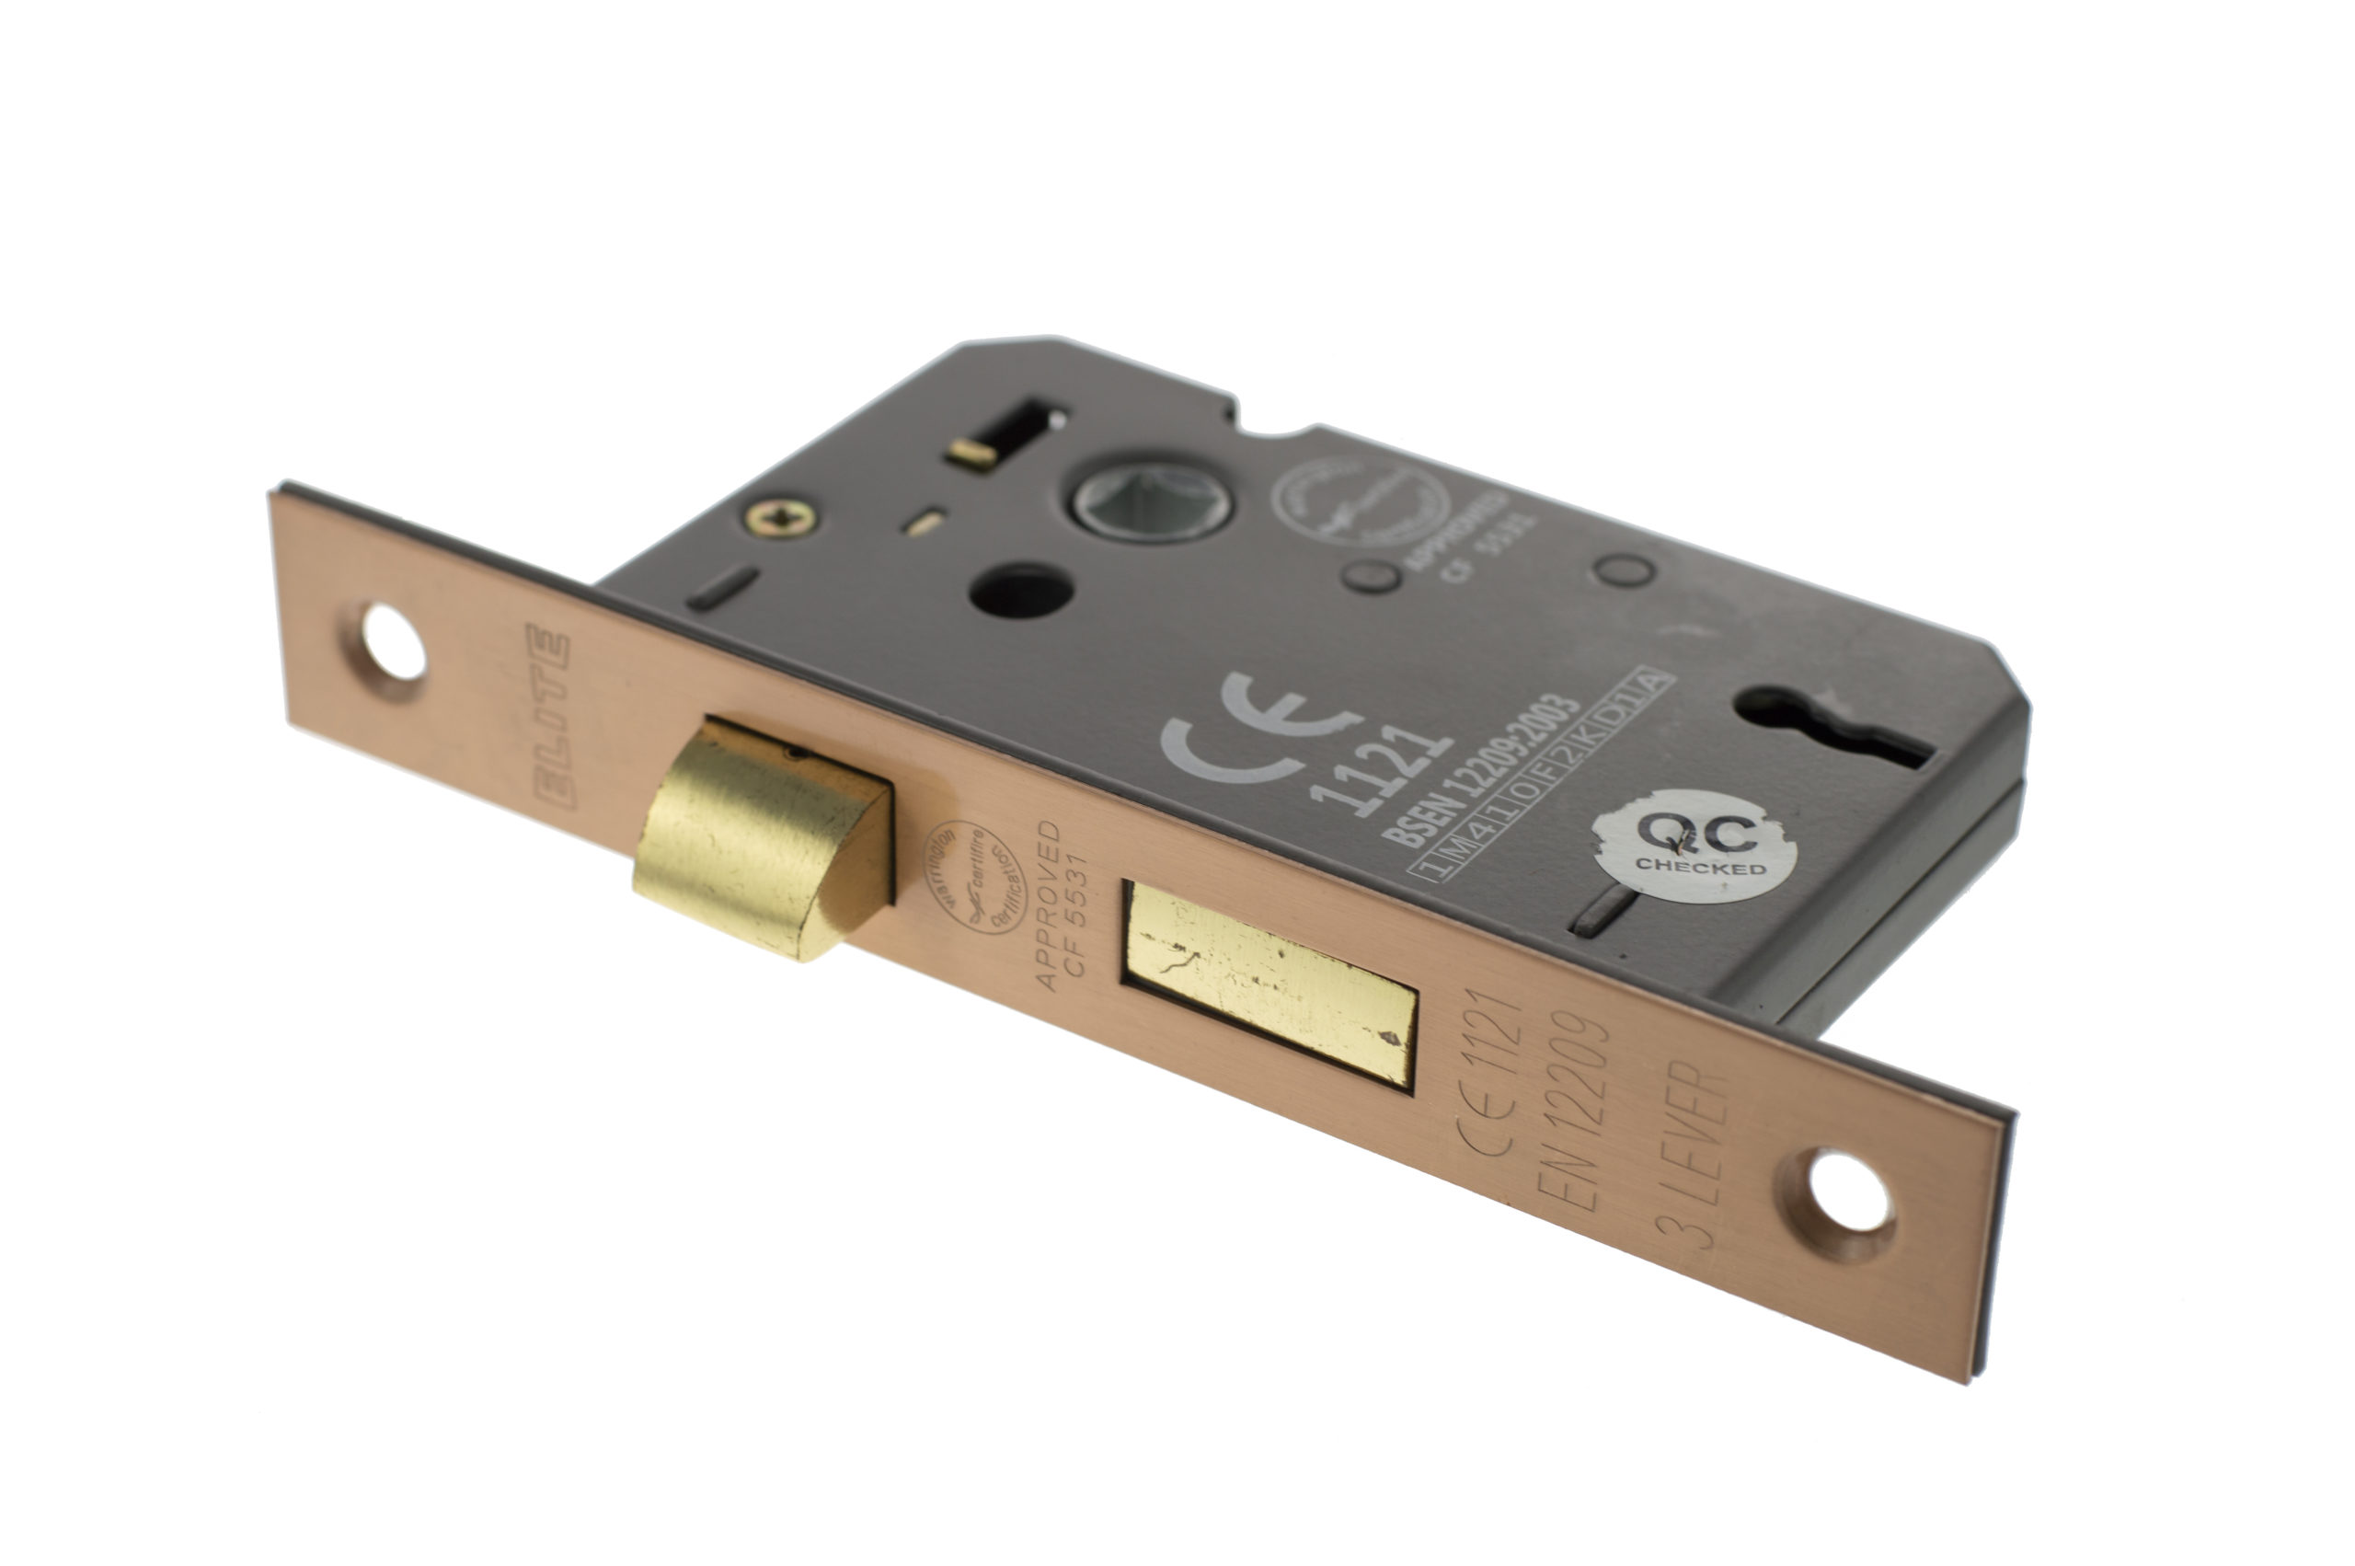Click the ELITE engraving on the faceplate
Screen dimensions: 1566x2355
pyautogui.click(x=552, y=715)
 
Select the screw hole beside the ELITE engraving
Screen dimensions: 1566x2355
pyautogui.click(x=394, y=642)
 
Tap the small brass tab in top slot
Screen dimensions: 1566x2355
pyautogui.click(x=972, y=455)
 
